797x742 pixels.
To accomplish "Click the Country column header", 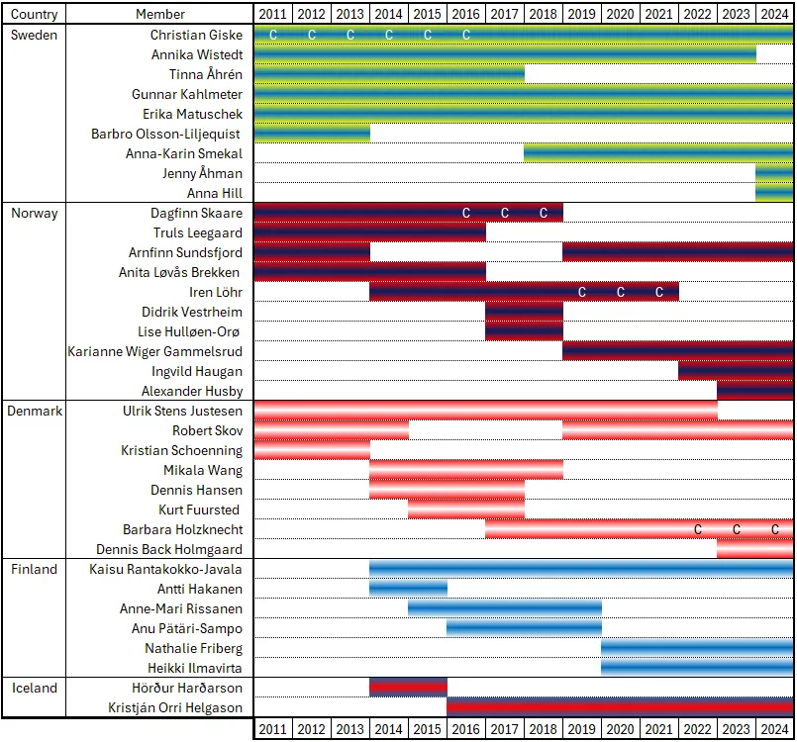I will (x=35, y=15).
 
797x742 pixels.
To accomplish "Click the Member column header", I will (x=159, y=15).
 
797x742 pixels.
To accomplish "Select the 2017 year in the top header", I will (x=505, y=15).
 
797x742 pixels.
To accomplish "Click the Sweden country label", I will (x=33, y=35).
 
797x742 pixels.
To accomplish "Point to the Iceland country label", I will (x=34, y=688).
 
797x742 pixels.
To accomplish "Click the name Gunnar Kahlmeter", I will (x=187, y=94).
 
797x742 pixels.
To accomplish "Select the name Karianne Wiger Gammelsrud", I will (x=154, y=351).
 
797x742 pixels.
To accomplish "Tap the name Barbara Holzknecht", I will (x=182, y=529).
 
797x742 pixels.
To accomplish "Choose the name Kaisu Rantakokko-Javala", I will (x=165, y=569).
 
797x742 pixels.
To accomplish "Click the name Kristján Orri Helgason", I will (x=175, y=707).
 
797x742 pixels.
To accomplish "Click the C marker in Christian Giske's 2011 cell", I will (x=273, y=35).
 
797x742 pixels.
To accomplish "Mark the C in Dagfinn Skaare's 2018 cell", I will (x=543, y=213).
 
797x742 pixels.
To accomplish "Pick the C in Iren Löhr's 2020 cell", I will (x=621, y=292).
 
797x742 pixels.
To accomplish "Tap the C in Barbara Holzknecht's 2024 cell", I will (x=775, y=529).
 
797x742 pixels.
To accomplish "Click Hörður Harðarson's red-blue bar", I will (x=408, y=688).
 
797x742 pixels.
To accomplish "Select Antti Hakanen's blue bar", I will (x=408, y=589).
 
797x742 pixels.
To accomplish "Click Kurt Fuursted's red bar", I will (x=465, y=510).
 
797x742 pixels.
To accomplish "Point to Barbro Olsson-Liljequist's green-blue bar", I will (x=312, y=134).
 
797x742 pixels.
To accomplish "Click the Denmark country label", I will (x=37, y=411).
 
